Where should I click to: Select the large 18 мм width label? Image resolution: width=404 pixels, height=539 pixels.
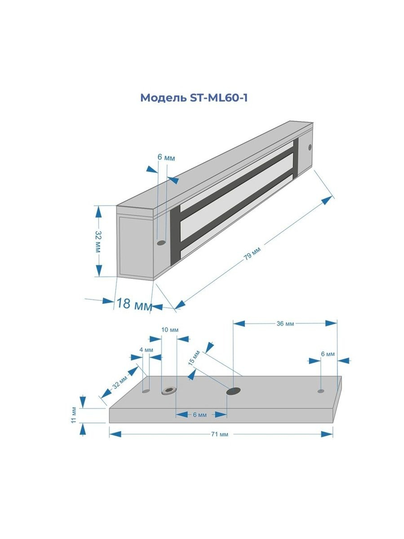coord(134,304)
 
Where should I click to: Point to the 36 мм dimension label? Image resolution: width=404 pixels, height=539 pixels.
coord(285,323)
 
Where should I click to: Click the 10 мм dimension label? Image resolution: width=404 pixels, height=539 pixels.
coord(170,330)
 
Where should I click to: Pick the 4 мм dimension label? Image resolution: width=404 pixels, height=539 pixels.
coord(146,350)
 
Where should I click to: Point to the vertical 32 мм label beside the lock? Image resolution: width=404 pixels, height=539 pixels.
coord(98,242)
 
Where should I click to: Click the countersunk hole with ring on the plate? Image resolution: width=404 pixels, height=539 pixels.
coord(169,390)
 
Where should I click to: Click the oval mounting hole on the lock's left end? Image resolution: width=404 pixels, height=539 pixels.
coord(162,243)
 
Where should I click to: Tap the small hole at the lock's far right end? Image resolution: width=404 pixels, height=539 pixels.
coord(310,147)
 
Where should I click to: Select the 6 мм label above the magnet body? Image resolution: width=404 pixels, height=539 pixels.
coord(166,158)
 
